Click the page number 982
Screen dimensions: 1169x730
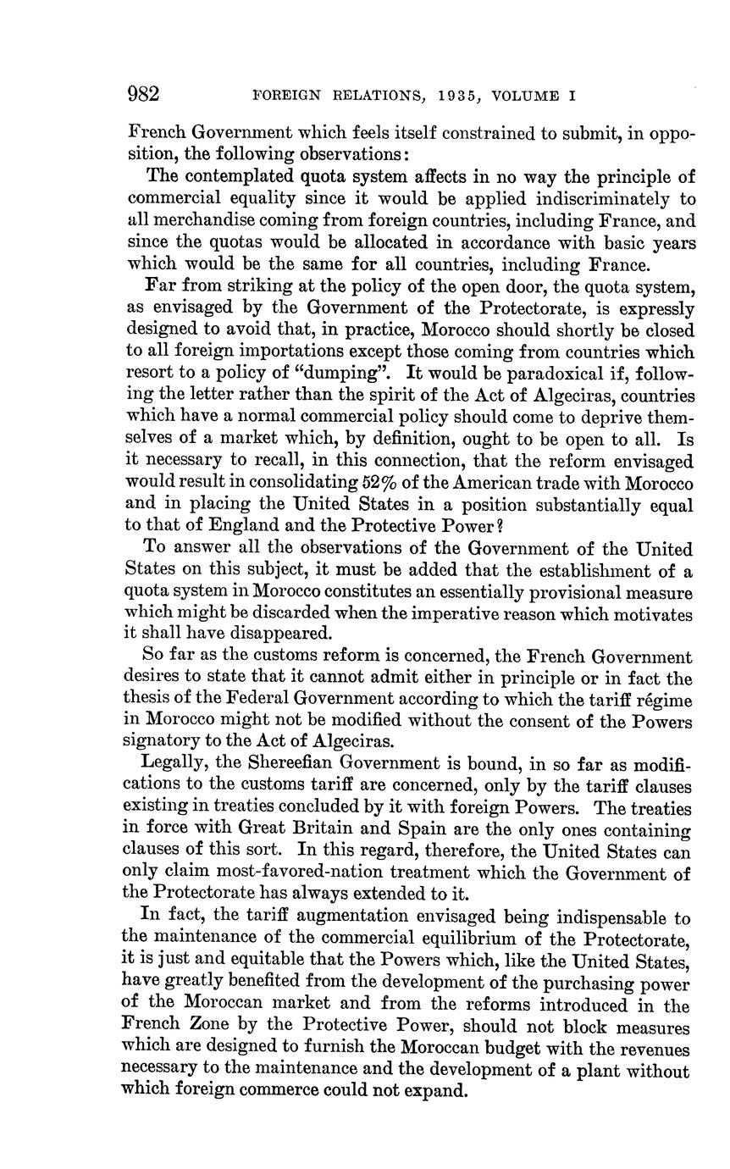tap(144, 94)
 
